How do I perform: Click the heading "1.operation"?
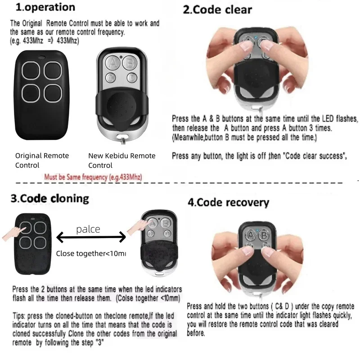(45, 8)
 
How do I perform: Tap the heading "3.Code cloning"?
(50, 198)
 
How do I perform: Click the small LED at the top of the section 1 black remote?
(41, 58)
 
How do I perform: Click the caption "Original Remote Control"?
(42, 160)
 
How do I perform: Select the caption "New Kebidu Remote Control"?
(121, 160)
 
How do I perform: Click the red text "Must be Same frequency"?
(93, 177)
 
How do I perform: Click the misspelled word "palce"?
(88, 229)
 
